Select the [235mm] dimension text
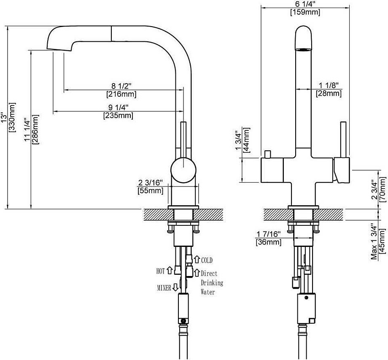click(x=118, y=115)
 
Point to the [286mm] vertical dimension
click(x=36, y=129)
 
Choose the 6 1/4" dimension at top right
click(x=304, y=4)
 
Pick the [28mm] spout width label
click(x=329, y=94)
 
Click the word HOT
click(x=161, y=271)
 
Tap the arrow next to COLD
click(x=197, y=260)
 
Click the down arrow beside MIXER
click(x=175, y=288)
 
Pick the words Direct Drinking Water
click(x=211, y=282)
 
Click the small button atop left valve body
click(x=267, y=153)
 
